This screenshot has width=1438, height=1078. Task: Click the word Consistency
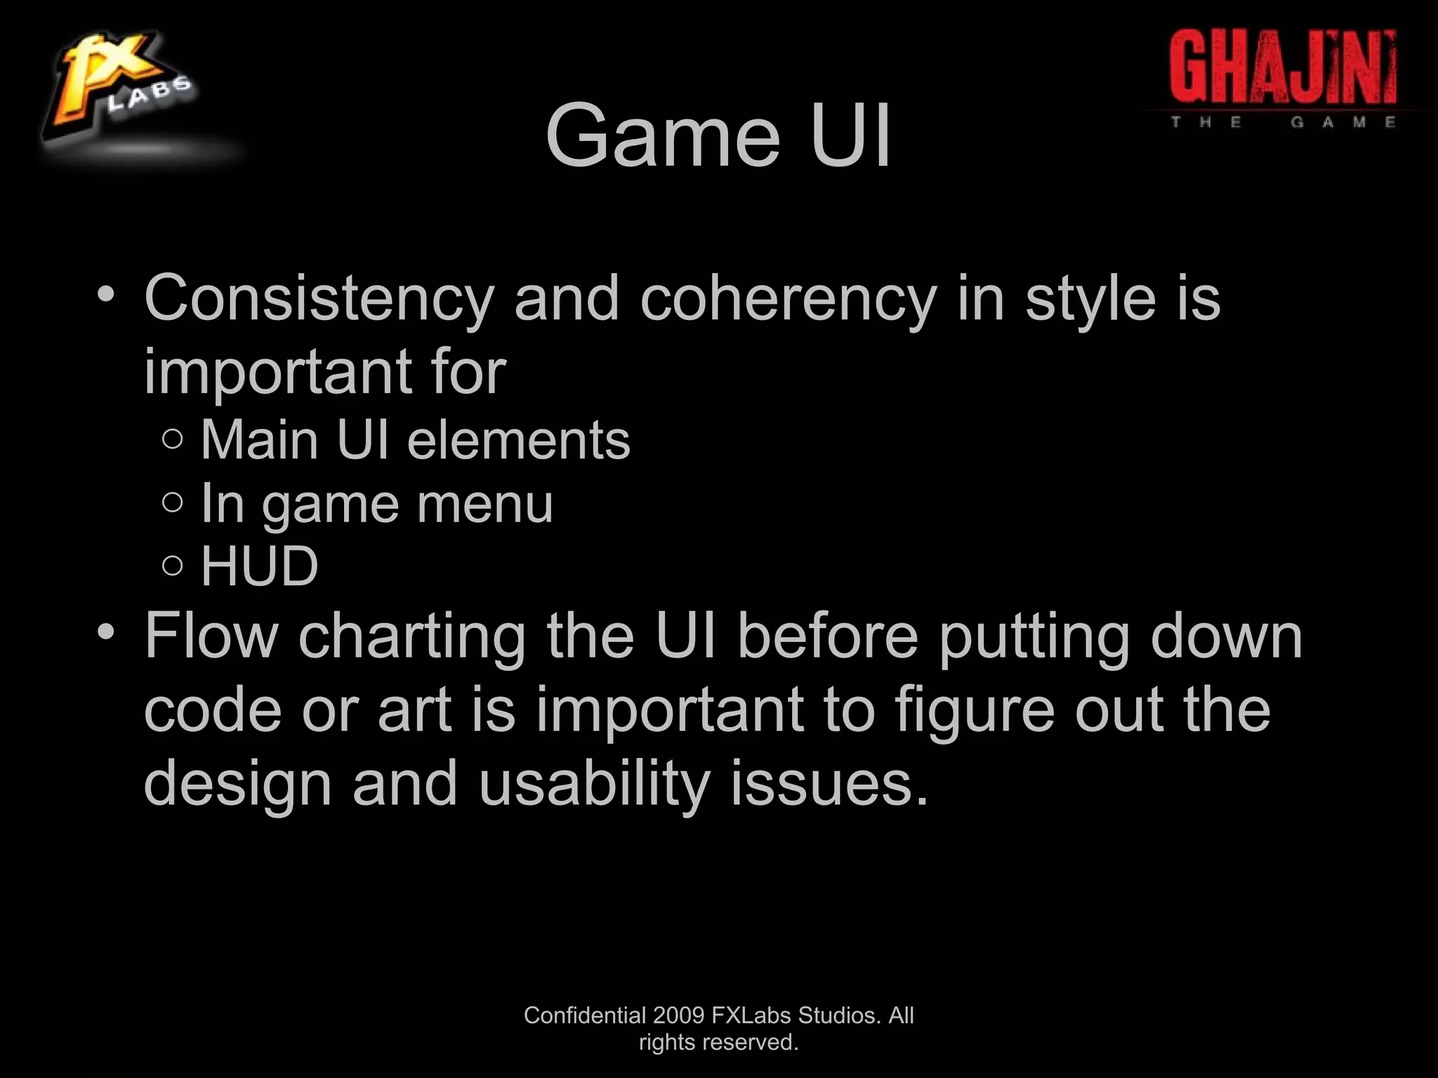pyautogui.click(x=319, y=299)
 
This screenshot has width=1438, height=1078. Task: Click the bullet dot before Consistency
pyautogui.click(x=106, y=293)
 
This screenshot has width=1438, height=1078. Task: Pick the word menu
pyautogui.click(x=484, y=503)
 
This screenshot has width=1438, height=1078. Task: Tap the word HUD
pyautogui.click(x=259, y=566)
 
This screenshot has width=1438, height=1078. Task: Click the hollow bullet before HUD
pyautogui.click(x=172, y=565)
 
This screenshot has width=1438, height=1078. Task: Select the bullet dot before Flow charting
pyautogui.click(x=106, y=632)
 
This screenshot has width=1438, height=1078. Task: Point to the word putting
pyautogui.click(x=1033, y=637)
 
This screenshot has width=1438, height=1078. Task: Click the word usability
pyautogui.click(x=594, y=783)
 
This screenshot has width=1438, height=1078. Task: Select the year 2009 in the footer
pyautogui.click(x=679, y=1015)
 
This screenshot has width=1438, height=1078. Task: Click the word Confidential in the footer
pyautogui.click(x=584, y=1015)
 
